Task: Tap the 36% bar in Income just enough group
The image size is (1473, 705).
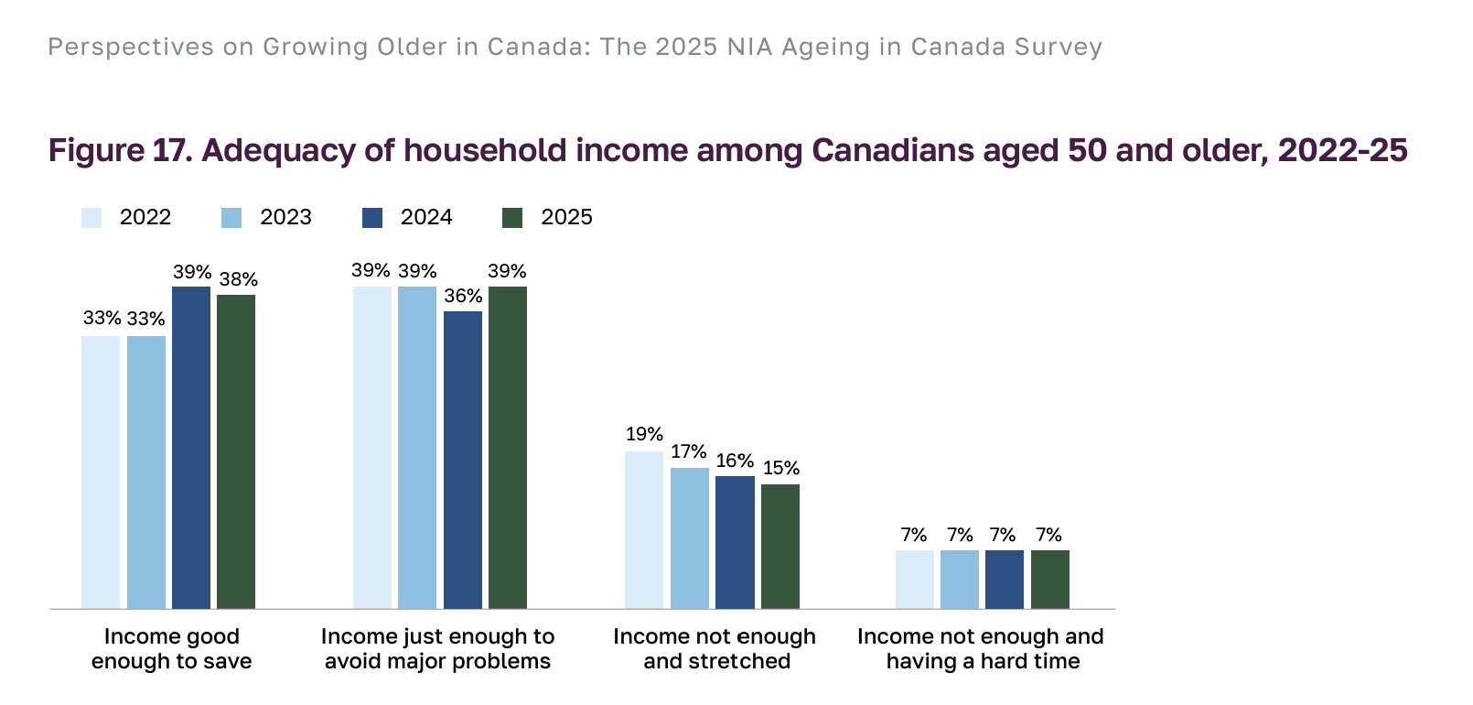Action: [x=463, y=460]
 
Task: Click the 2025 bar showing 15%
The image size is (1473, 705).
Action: [x=780, y=546]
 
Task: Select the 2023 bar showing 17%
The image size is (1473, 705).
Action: [x=690, y=537]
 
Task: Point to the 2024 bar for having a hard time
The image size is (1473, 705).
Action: [x=1005, y=579]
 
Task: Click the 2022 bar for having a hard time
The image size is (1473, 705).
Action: [x=914, y=579]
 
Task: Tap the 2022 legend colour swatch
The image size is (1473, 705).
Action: [x=91, y=218]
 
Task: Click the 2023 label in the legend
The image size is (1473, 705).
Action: [x=285, y=218]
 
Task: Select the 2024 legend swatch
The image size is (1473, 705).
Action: [x=372, y=218]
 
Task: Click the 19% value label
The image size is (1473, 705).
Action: [x=644, y=435]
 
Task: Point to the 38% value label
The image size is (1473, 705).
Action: [x=238, y=279]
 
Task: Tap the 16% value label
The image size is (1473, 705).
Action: [x=735, y=461]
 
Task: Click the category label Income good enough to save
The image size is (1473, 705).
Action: [x=171, y=649]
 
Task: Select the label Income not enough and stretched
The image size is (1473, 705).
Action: [x=715, y=649]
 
